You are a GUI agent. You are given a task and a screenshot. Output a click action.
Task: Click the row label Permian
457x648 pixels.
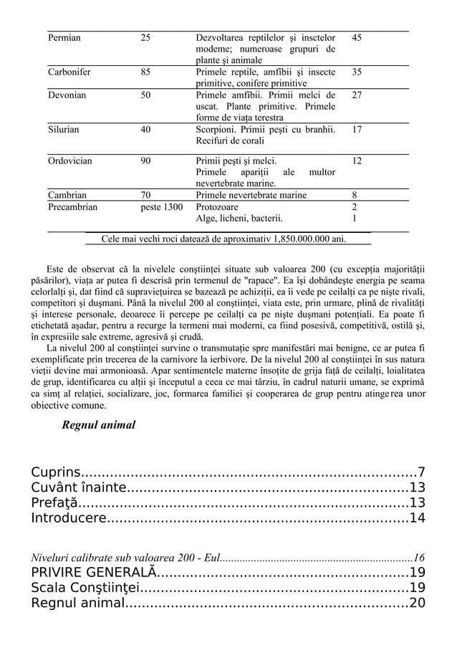(64, 37)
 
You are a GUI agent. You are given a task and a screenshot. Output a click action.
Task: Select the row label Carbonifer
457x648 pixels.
(69, 72)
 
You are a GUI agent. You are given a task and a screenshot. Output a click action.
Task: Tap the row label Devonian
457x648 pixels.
(67, 95)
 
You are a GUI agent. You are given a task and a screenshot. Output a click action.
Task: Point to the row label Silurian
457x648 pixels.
(63, 130)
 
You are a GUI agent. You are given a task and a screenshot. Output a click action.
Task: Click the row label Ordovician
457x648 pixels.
(69, 161)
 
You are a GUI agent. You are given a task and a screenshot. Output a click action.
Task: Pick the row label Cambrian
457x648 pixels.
(67, 195)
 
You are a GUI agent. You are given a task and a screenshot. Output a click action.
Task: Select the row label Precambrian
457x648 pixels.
(72, 207)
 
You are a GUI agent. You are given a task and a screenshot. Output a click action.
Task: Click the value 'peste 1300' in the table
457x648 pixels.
(161, 207)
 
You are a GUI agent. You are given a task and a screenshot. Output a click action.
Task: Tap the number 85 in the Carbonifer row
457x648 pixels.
(145, 72)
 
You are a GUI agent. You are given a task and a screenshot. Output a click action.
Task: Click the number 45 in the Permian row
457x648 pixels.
(357, 37)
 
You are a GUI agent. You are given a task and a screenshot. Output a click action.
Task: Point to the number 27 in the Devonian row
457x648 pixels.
(357, 95)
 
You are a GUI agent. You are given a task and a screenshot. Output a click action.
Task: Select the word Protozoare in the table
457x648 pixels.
(218, 207)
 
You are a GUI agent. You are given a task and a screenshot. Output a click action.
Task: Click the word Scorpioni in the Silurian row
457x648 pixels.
(218, 130)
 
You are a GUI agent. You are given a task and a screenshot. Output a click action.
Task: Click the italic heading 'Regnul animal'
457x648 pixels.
(99, 425)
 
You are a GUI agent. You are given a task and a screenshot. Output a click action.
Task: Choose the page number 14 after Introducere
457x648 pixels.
(417, 518)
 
